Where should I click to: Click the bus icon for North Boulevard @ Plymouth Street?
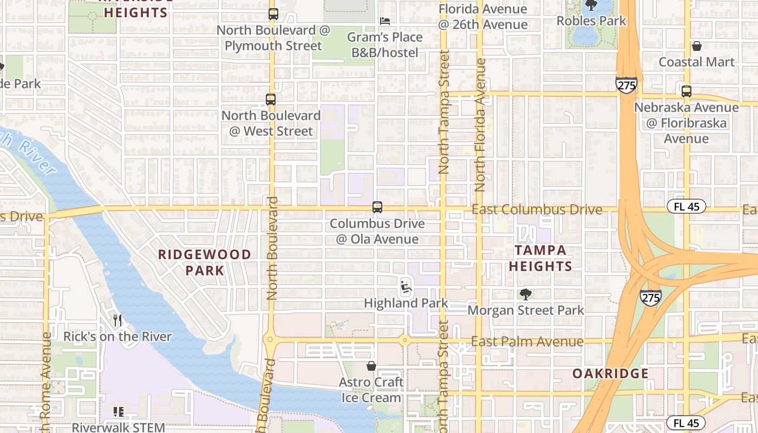pyautogui.click(x=273, y=14)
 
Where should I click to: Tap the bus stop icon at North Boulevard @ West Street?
pyautogui.click(x=271, y=100)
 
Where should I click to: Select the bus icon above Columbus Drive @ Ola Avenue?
pyautogui.click(x=377, y=207)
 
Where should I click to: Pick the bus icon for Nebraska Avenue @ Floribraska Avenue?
pyautogui.click(x=687, y=91)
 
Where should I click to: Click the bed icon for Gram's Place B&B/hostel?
pyautogui.click(x=385, y=21)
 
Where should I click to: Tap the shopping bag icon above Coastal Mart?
pyautogui.click(x=697, y=47)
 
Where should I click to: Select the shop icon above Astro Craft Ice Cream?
pyautogui.click(x=371, y=366)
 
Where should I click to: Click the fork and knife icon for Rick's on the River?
pyautogui.click(x=117, y=320)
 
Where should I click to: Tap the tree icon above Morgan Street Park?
pyautogui.click(x=525, y=294)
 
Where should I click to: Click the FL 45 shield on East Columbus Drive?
pyautogui.click(x=686, y=206)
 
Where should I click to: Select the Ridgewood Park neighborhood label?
pyautogui.click(x=205, y=262)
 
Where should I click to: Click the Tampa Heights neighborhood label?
pyautogui.click(x=540, y=258)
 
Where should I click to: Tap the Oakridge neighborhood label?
pyautogui.click(x=610, y=373)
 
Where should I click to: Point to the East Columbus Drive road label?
pyautogui.click(x=537, y=209)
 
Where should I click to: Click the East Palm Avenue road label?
pyautogui.click(x=527, y=342)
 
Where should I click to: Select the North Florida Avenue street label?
pyautogui.click(x=480, y=126)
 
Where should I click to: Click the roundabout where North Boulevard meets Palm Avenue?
pyautogui.click(x=269, y=340)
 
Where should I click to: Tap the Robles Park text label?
pyautogui.click(x=591, y=21)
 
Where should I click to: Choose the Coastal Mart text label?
pyautogui.click(x=697, y=62)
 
